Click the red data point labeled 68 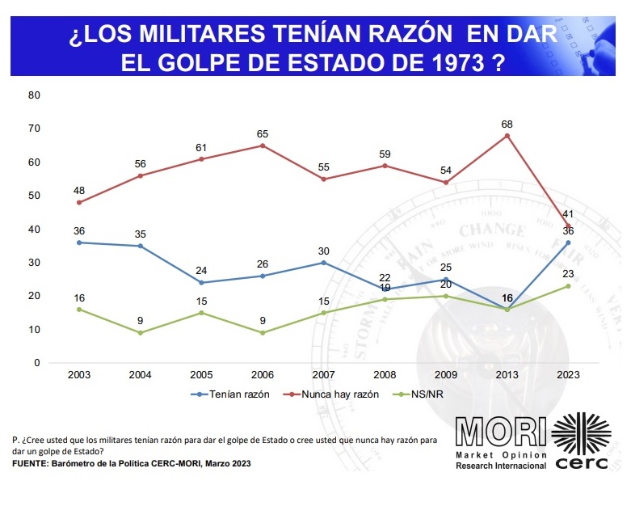tap(507, 135)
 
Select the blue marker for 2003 tap(79, 243)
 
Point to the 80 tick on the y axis tap(34, 95)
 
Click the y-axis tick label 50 tap(34, 196)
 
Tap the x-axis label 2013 tap(507, 376)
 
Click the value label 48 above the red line tap(79, 191)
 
